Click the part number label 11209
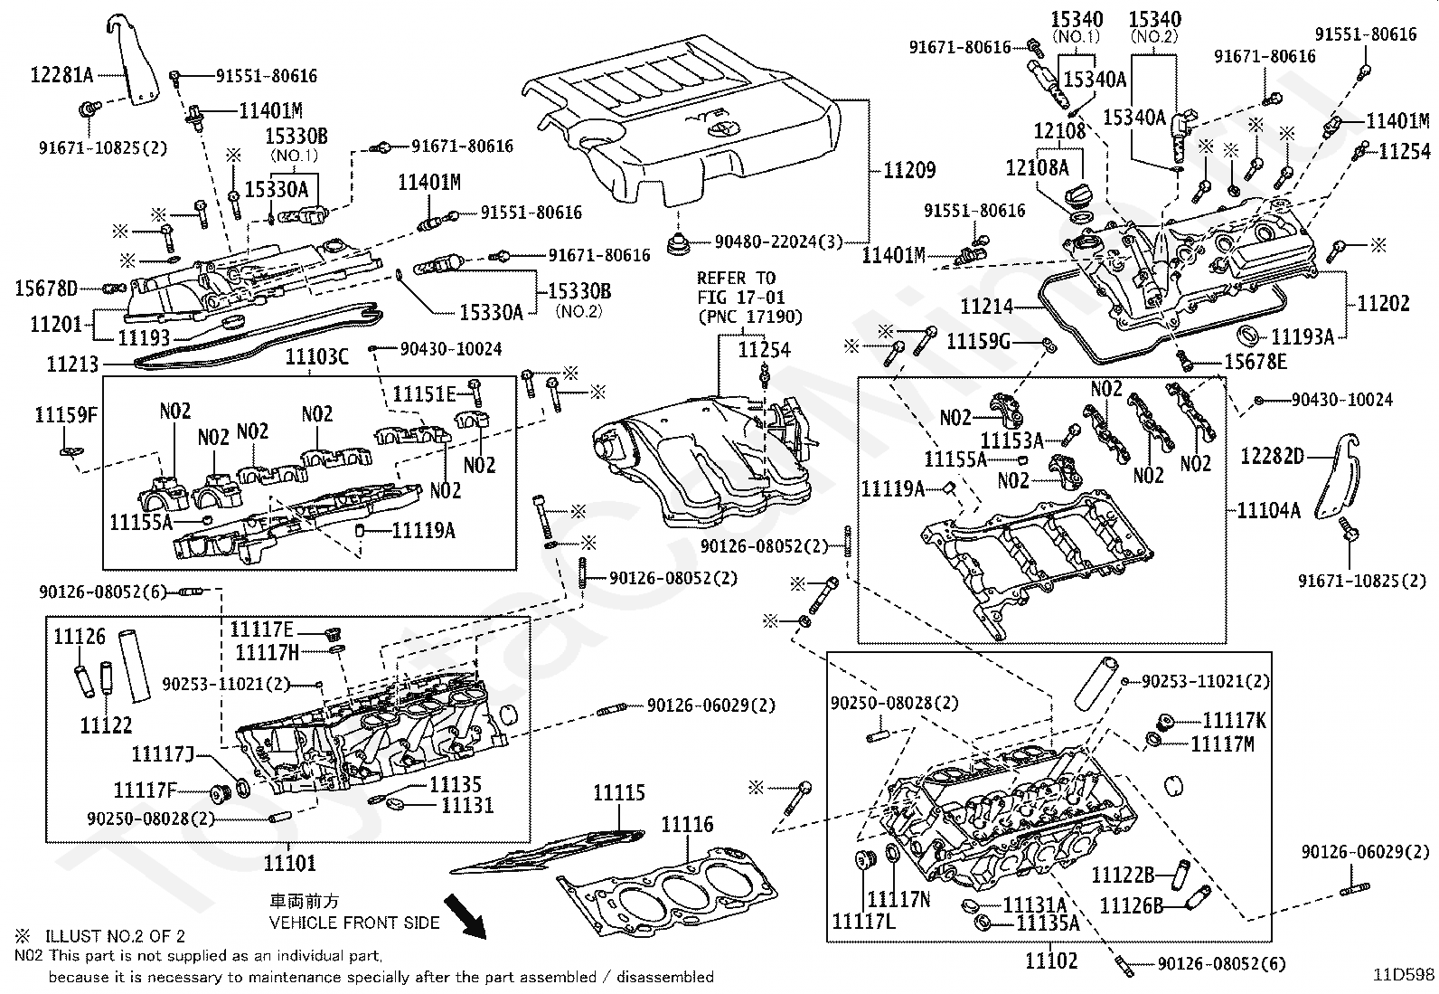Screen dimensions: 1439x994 [x=909, y=170]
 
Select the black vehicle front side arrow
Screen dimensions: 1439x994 [x=466, y=916]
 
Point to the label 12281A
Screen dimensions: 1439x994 [x=61, y=75]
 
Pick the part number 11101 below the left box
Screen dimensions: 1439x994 [x=290, y=863]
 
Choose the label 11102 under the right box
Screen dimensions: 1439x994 [x=1051, y=961]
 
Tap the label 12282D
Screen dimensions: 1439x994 [x=1272, y=456]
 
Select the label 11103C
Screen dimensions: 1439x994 [x=316, y=356]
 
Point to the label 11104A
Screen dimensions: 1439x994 [x=1269, y=510]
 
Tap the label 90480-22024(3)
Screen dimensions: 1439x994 [x=778, y=241]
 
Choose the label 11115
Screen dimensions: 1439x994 [x=618, y=792]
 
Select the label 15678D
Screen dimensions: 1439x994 [x=45, y=289]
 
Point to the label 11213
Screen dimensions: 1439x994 [x=72, y=364]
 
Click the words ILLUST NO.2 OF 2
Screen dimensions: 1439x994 [x=115, y=936]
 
